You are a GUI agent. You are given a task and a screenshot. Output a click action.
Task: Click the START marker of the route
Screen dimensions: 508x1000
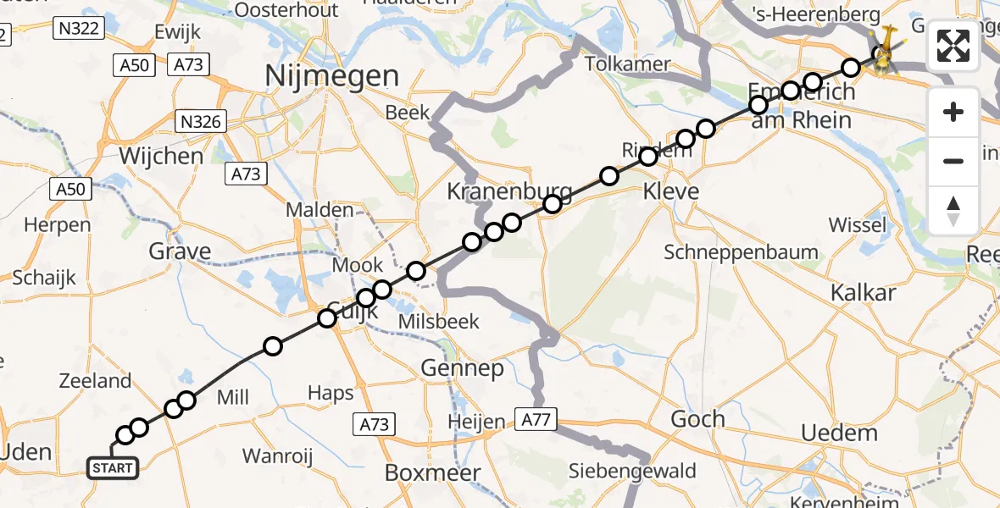pyautogui.click(x=112, y=467)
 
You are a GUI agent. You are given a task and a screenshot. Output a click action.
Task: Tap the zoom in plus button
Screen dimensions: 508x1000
pyautogui.click(x=953, y=112)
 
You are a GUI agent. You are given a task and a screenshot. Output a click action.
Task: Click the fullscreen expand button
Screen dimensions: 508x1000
pyautogui.click(x=953, y=46)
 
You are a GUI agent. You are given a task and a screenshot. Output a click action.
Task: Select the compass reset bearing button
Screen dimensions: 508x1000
pyautogui.click(x=953, y=211)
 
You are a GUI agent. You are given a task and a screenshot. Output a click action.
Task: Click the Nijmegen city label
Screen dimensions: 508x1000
pyautogui.click(x=332, y=76)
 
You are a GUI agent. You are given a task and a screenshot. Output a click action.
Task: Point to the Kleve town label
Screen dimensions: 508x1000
pyautogui.click(x=672, y=191)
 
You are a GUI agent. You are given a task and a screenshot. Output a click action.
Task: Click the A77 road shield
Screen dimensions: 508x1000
pyautogui.click(x=536, y=419)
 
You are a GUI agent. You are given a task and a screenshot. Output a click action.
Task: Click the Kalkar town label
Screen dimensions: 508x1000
pyautogui.click(x=864, y=293)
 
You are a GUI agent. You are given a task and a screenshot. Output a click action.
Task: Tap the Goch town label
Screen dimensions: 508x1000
pyautogui.click(x=697, y=418)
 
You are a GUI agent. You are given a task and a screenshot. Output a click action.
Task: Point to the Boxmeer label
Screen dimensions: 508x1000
pyautogui.click(x=433, y=472)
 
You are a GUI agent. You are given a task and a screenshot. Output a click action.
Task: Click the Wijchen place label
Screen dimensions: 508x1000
pyautogui.click(x=161, y=157)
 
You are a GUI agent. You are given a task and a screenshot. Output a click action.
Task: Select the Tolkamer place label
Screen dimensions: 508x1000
pyautogui.click(x=627, y=64)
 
